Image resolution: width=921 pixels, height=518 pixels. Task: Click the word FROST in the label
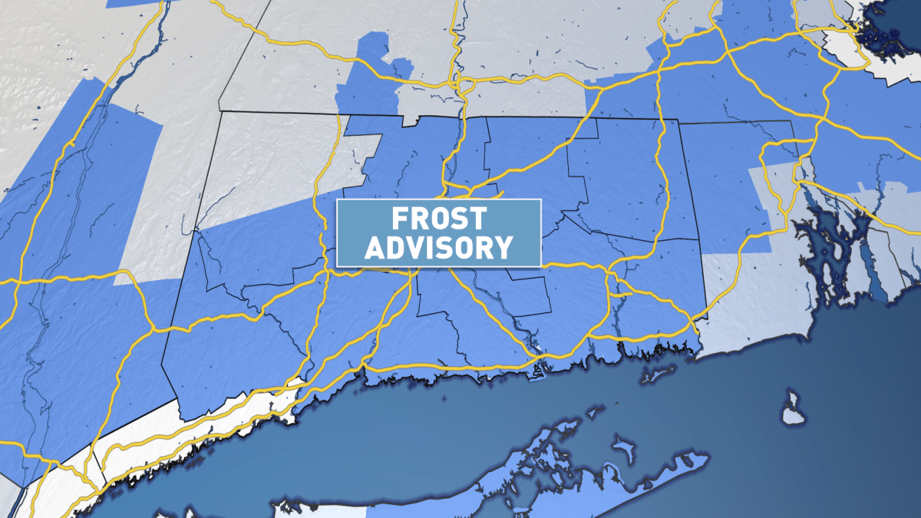click(x=438, y=219)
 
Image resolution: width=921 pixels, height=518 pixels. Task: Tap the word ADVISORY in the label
click(x=438, y=247)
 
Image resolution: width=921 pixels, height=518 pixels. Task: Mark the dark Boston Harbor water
click(x=883, y=31)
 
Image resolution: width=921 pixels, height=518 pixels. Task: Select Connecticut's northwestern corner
click(x=221, y=112)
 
